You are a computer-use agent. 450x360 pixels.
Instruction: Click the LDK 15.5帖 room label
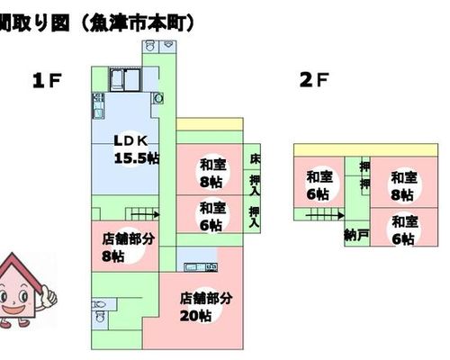tap(137, 149)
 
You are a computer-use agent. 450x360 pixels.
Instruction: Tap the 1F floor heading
tap(47, 80)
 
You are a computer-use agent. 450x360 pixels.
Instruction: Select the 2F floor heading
tap(314, 80)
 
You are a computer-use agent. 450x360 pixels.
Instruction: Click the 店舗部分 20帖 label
tap(206, 307)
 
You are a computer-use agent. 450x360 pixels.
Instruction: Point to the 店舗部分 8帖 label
tap(129, 247)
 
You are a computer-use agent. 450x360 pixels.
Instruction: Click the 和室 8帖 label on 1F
tap(213, 174)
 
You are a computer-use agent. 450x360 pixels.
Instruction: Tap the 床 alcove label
tap(255, 158)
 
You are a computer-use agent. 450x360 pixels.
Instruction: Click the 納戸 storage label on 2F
tap(356, 235)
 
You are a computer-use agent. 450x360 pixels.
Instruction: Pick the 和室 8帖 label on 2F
tap(404, 186)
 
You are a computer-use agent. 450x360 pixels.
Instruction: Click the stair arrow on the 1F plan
tap(146, 214)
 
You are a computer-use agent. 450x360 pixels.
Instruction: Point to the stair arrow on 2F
tap(325, 215)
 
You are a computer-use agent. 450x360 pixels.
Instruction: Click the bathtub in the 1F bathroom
tap(117, 79)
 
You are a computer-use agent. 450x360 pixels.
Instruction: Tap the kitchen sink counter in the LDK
tap(98, 106)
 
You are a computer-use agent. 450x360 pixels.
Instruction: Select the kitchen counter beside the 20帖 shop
tap(201, 266)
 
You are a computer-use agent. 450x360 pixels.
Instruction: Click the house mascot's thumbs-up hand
tap(49, 296)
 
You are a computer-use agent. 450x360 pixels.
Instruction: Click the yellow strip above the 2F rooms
tap(365, 150)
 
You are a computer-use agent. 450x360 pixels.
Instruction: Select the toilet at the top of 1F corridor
tap(150, 47)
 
